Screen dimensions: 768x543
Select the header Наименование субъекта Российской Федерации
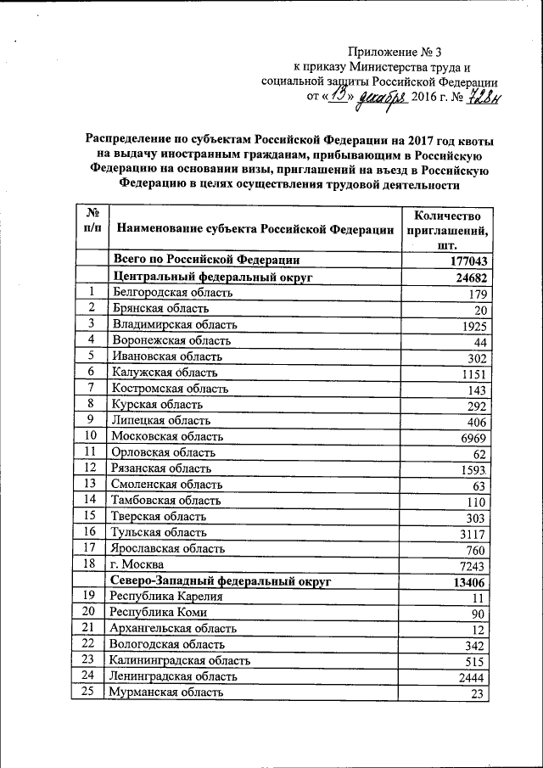pyautogui.click(x=255, y=228)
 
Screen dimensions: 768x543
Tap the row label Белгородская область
pyautogui.click(x=172, y=293)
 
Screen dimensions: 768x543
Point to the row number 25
pyautogui.click(x=89, y=692)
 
